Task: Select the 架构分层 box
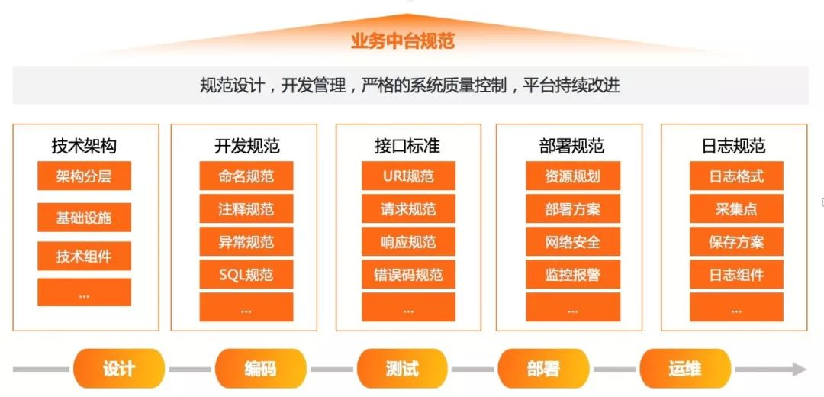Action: click(84, 176)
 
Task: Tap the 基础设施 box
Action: click(84, 217)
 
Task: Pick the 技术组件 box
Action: click(84, 256)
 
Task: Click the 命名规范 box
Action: click(246, 176)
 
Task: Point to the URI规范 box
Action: click(408, 176)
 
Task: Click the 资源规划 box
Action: click(572, 176)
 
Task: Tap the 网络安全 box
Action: click(572, 242)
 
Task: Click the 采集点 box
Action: click(736, 209)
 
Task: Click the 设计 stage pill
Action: click(119, 369)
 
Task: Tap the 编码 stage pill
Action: click(260, 369)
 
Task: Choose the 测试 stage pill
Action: click(402, 369)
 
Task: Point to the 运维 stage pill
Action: click(685, 369)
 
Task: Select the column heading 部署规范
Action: click(571, 145)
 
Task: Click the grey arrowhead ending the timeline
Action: click(798, 370)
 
